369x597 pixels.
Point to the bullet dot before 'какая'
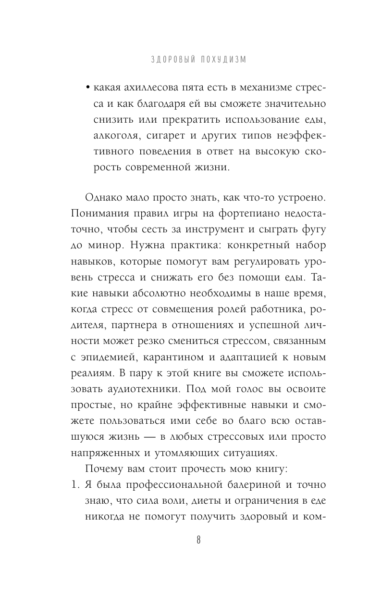pyautogui.click(x=88, y=88)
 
